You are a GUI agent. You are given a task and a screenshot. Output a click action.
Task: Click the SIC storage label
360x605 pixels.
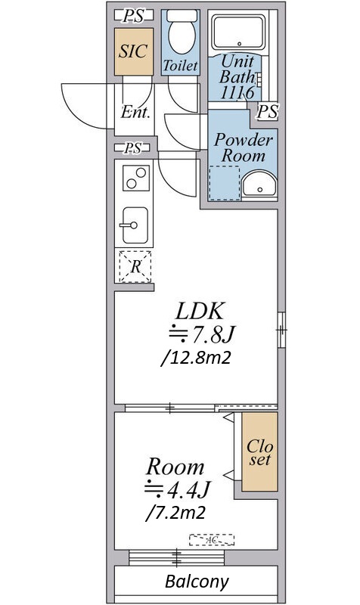(x=133, y=51)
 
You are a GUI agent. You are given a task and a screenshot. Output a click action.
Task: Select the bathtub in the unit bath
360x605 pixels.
(x=238, y=32)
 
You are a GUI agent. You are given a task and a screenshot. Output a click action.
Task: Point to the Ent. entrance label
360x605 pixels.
(x=135, y=112)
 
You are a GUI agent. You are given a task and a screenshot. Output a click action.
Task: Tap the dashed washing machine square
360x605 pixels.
(x=224, y=183)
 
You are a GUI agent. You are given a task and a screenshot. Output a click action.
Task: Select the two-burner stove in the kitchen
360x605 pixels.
(x=136, y=178)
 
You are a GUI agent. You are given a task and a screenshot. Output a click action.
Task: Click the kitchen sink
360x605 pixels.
(x=135, y=225)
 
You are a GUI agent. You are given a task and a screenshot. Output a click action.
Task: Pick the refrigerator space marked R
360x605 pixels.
(x=135, y=267)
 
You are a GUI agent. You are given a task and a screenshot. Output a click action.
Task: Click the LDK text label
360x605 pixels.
(x=200, y=311)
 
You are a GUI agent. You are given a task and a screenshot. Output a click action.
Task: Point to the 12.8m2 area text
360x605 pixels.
(x=197, y=358)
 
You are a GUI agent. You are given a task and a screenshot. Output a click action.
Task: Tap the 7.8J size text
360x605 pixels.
(x=201, y=334)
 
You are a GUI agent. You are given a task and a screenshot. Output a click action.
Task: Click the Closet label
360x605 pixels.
(x=259, y=452)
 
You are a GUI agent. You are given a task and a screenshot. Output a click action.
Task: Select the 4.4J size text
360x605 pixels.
(x=177, y=489)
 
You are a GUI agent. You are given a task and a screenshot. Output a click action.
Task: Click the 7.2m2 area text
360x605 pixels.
(x=175, y=513)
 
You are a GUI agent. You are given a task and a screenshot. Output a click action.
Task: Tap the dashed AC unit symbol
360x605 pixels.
(x=212, y=539)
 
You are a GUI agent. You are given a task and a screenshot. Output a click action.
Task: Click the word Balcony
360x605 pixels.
(x=197, y=581)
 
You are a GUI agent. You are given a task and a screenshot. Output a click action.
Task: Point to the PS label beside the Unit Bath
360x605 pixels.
(x=268, y=112)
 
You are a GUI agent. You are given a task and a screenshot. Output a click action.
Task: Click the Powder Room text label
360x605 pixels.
(x=243, y=147)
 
